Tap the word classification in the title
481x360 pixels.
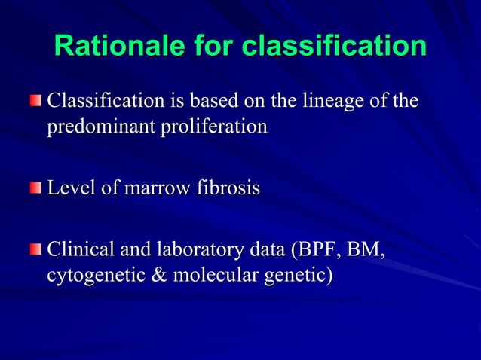335,46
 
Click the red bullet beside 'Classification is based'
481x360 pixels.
36,101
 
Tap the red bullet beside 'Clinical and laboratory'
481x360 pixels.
36,249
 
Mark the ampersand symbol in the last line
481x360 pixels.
159,273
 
